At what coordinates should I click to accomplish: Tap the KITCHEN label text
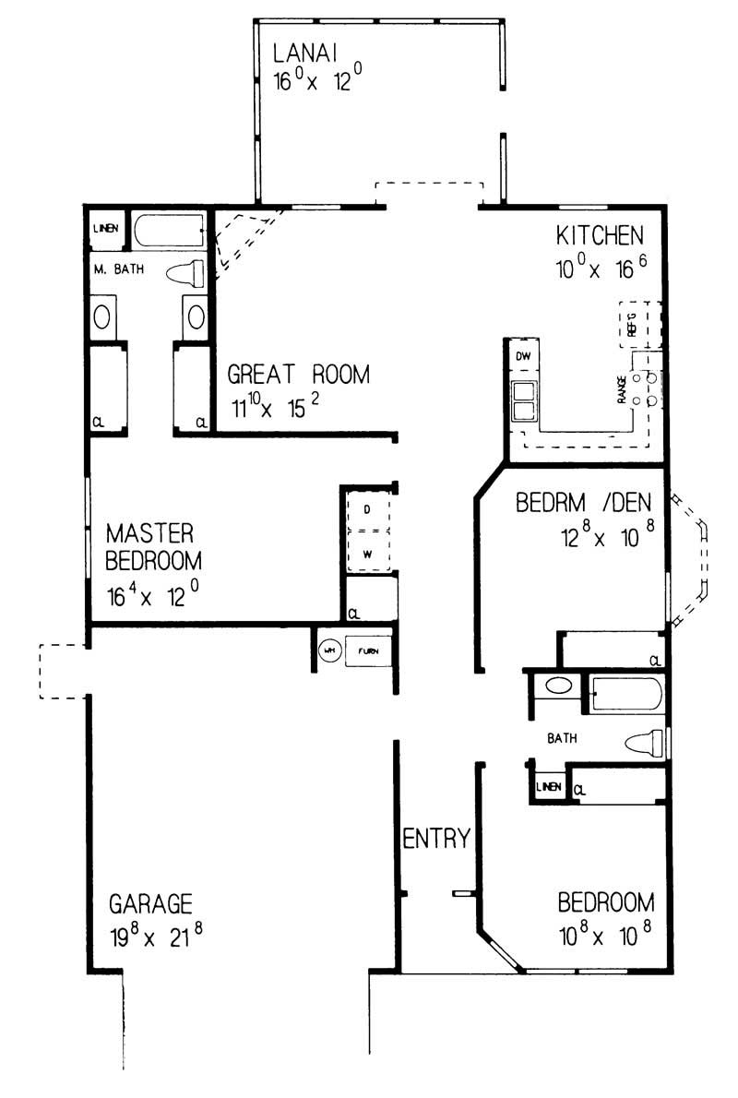point(599,236)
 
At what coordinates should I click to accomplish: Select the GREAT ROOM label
point(298,375)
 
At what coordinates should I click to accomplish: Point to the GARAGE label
point(150,901)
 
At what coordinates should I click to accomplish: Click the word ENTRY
point(437,839)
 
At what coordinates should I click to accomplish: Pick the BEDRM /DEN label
point(583,503)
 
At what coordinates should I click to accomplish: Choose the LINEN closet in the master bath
point(104,230)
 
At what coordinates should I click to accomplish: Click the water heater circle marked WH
point(328,650)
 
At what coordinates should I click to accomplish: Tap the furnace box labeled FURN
point(367,650)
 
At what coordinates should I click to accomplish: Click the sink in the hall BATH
point(557,686)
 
